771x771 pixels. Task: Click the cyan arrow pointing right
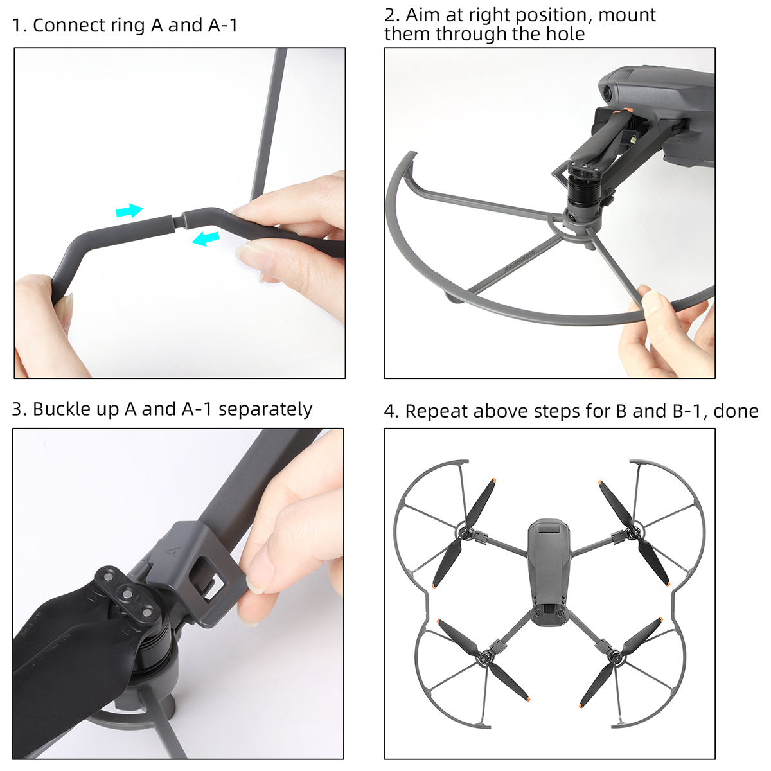click(x=129, y=210)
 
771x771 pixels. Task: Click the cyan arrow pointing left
click(x=206, y=238)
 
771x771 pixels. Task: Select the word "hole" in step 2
click(x=565, y=33)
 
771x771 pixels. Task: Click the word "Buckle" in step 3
click(x=62, y=409)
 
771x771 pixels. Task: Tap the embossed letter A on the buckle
click(x=172, y=551)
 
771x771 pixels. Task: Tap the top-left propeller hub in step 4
click(x=465, y=533)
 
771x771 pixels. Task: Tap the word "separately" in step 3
click(x=265, y=410)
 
